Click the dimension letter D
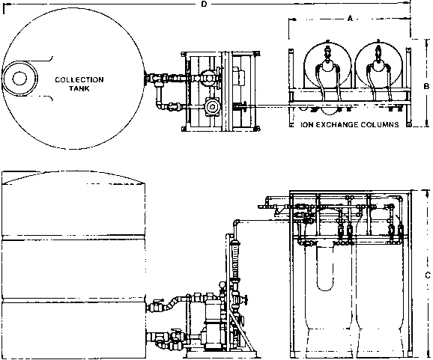(x=204, y=4)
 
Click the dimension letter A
(x=350, y=19)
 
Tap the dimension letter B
(x=427, y=86)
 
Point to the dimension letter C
(x=428, y=275)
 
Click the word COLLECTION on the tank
(x=79, y=80)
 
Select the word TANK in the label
(x=79, y=88)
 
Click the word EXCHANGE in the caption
(x=332, y=125)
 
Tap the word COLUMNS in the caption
(x=375, y=125)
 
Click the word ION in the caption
(x=306, y=125)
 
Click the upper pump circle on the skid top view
(x=208, y=78)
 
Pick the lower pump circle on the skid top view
(x=212, y=106)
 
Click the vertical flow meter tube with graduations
(x=235, y=260)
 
